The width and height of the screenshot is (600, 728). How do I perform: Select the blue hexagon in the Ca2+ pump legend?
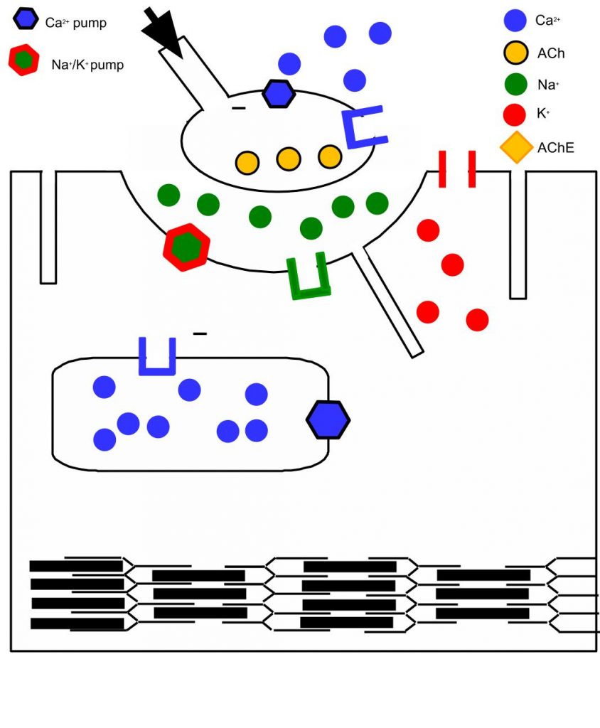26,19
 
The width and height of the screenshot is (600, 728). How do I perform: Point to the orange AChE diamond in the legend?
516,147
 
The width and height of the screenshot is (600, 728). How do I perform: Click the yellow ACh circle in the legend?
515,53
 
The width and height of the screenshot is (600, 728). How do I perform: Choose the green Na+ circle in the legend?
515,85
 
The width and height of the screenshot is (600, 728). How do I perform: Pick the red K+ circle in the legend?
515,116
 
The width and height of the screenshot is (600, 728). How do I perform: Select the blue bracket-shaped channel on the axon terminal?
363,127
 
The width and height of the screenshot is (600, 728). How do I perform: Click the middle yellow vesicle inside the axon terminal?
288,159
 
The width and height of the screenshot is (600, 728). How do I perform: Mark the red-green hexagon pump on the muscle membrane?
187,247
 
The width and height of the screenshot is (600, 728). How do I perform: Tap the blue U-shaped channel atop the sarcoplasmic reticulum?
157,357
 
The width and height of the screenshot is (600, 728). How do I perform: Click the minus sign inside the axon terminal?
239,109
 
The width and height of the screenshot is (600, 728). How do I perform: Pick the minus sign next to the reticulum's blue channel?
200,333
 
